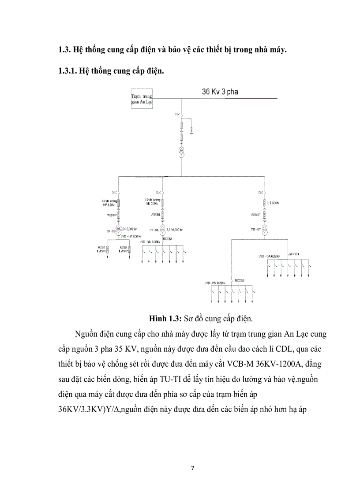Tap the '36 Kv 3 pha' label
tap(220, 92)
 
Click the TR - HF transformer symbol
tap(119, 229)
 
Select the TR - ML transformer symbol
tap(162, 230)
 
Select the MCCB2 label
tap(240, 280)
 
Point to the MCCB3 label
tap(294, 254)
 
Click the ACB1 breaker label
tap(101, 247)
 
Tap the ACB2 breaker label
tap(123, 247)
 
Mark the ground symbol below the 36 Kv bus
tap(191, 131)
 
